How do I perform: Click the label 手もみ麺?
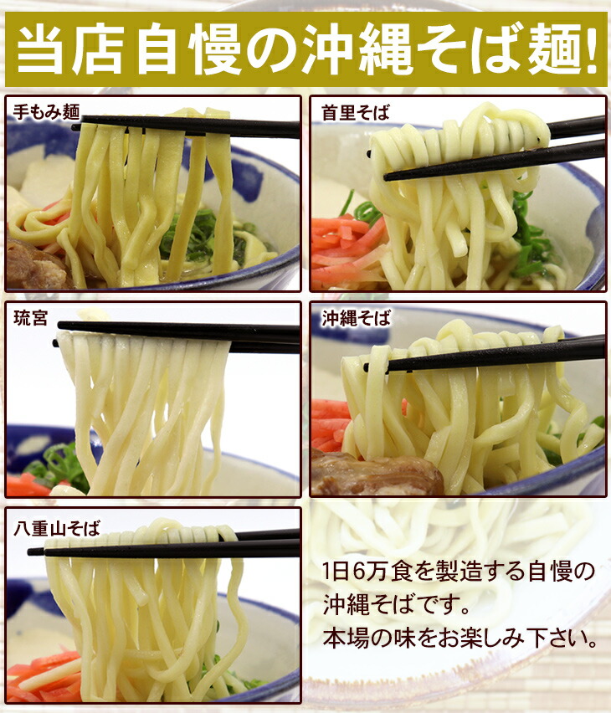click(46, 112)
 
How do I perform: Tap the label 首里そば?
click(356, 112)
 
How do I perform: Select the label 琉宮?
click(30, 318)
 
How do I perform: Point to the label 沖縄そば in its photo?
click(357, 318)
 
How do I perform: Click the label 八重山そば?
click(57, 528)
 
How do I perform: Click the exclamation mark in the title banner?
click(591, 49)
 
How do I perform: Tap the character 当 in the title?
click(40, 49)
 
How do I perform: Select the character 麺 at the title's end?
click(553, 49)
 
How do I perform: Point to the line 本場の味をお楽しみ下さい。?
click(460, 638)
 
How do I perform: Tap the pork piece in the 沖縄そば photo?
click(377, 473)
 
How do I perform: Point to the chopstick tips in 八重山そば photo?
click(33, 551)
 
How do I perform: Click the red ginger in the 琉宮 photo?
click(28, 485)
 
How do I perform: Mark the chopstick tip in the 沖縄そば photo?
click(367, 367)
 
